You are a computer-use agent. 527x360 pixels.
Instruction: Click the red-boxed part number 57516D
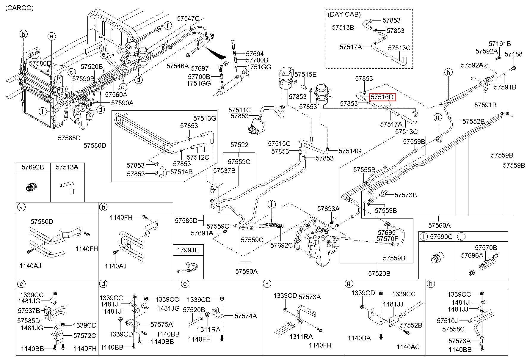click(x=382, y=97)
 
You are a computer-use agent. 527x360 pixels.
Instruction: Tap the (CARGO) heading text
click(x=19, y=8)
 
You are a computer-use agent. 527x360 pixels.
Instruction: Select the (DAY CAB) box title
click(x=344, y=14)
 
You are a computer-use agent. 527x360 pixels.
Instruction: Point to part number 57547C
click(x=188, y=18)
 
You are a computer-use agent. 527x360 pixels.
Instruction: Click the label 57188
click(x=514, y=54)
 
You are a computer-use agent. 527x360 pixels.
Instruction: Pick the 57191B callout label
click(x=500, y=44)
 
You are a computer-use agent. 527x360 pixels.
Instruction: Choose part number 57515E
click(x=305, y=74)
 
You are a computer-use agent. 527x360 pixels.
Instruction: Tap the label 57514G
click(x=350, y=151)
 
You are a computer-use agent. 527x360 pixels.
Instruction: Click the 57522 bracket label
click(x=239, y=145)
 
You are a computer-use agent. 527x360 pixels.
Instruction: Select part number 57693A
click(x=328, y=209)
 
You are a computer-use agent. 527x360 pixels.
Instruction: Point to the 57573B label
click(x=406, y=195)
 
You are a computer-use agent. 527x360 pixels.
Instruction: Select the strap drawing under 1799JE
click(x=188, y=267)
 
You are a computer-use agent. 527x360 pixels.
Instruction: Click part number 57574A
click(x=245, y=316)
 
